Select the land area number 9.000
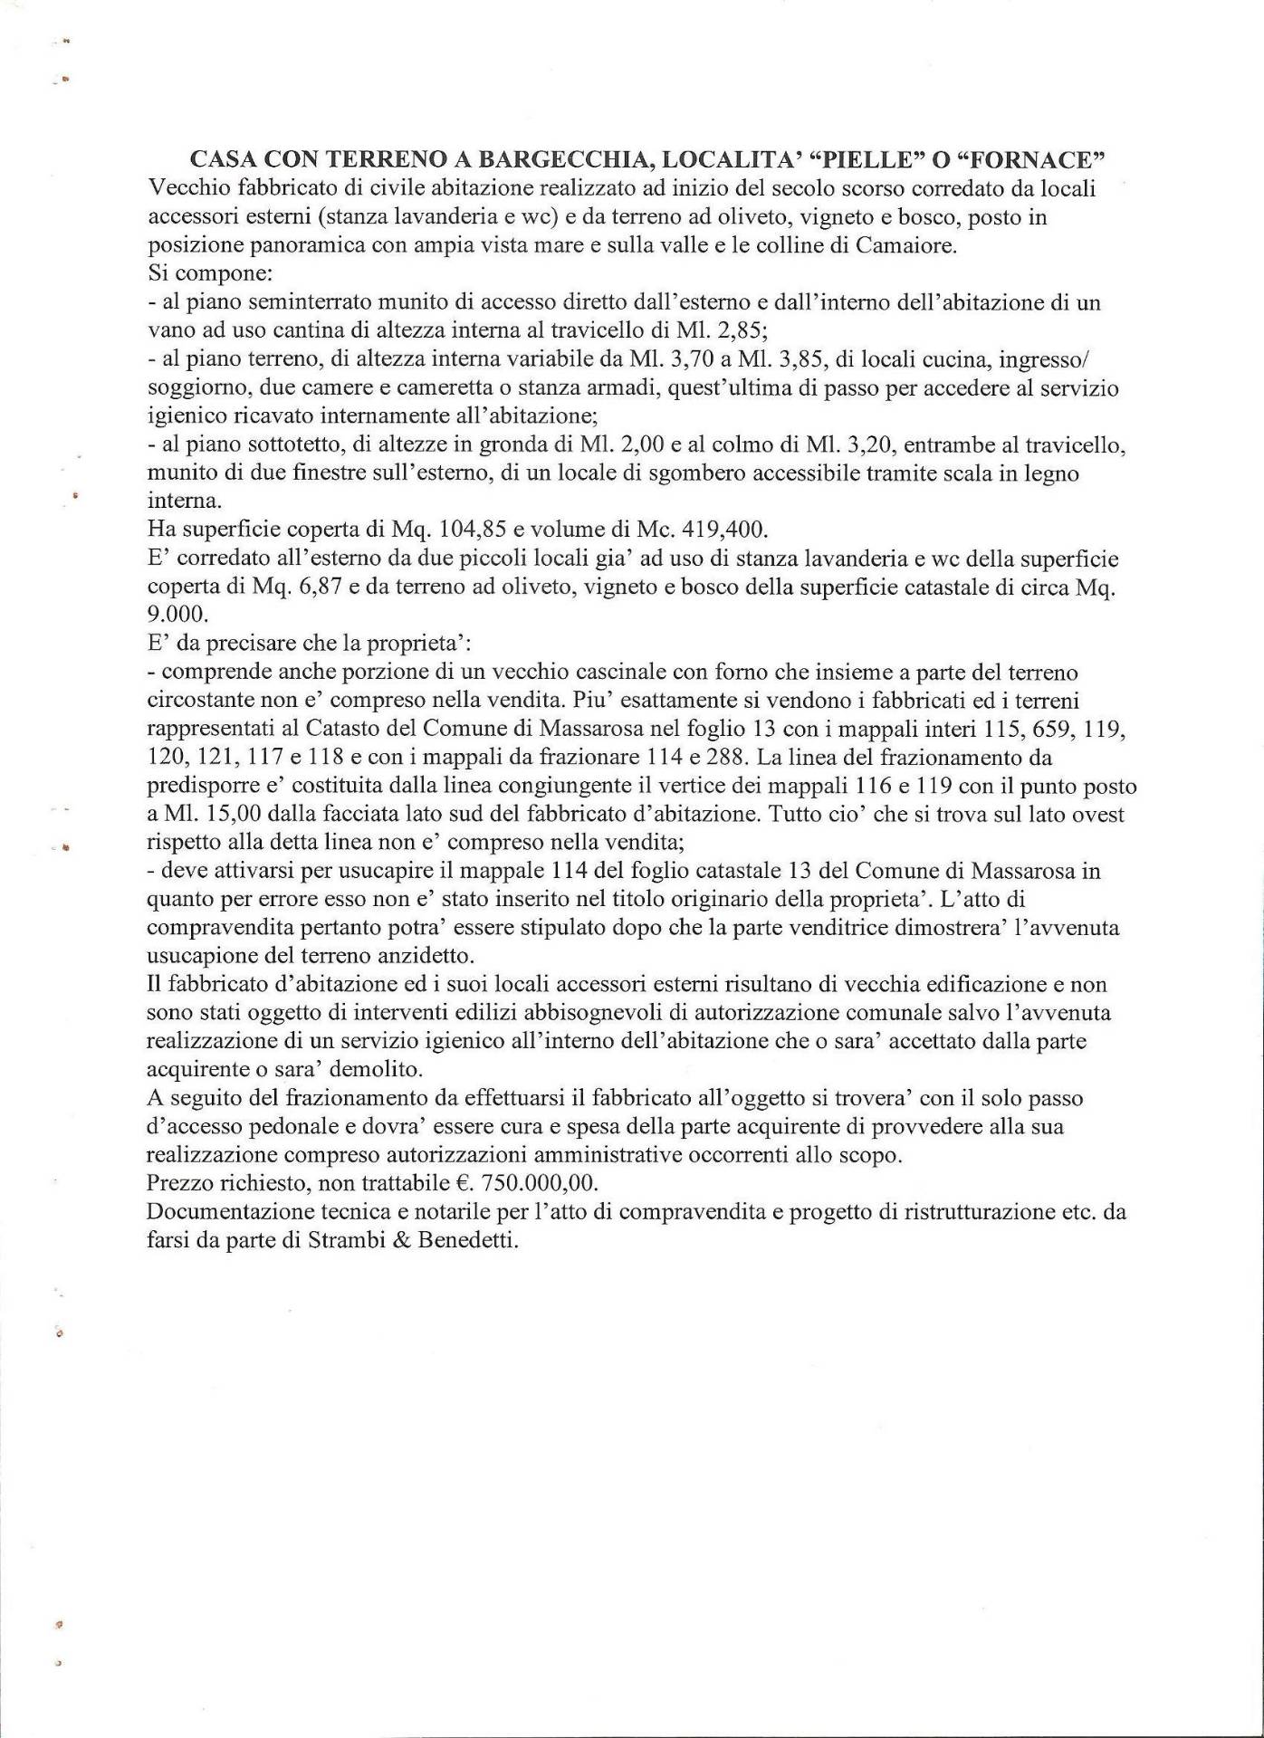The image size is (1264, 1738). point(177,616)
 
